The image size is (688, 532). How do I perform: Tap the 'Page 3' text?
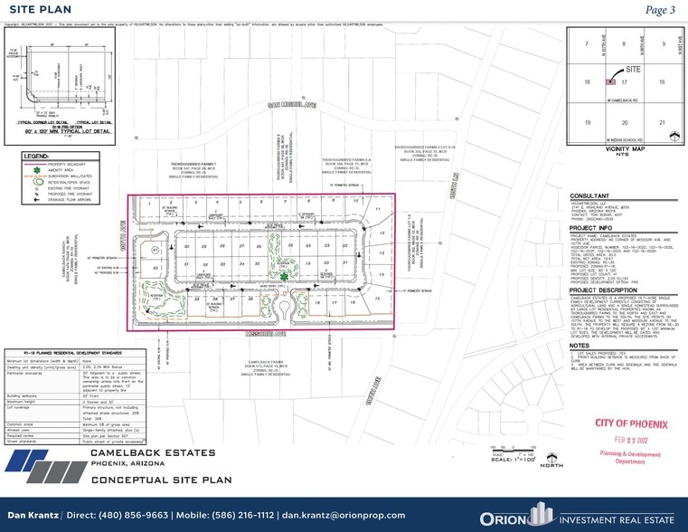(660, 10)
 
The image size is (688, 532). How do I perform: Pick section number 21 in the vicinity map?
(663, 122)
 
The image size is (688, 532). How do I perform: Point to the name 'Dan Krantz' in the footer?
(33, 514)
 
